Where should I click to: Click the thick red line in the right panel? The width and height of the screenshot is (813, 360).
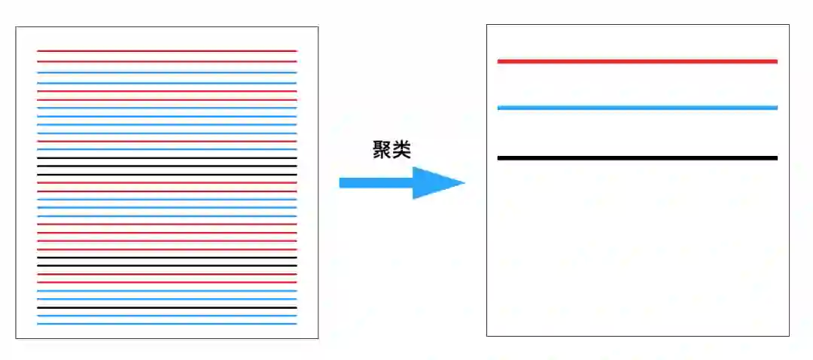coord(637,61)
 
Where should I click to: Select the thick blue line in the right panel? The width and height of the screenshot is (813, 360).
coord(637,108)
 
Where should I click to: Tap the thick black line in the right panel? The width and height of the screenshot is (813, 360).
coord(637,157)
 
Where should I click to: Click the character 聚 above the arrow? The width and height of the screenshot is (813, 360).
coord(382,150)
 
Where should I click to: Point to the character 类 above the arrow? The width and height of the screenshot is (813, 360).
coord(401,150)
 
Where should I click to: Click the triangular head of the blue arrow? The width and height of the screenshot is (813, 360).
coord(437,182)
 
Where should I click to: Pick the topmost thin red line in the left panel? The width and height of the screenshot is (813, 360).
coord(166,50)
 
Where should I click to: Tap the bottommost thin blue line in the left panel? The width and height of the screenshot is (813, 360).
coord(166,324)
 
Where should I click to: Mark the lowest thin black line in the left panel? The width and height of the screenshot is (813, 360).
coord(166,307)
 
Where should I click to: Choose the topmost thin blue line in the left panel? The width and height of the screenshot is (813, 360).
coord(166,73)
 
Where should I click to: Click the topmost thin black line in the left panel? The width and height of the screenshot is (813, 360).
coord(166,157)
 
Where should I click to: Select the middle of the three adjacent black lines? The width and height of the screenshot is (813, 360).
coord(166,166)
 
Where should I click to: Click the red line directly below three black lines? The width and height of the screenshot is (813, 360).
coord(166,182)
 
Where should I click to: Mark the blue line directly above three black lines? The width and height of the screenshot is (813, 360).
coord(166,149)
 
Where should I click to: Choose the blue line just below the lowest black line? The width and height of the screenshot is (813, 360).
coord(166,316)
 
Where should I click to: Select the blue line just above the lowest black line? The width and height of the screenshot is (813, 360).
coord(166,299)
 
